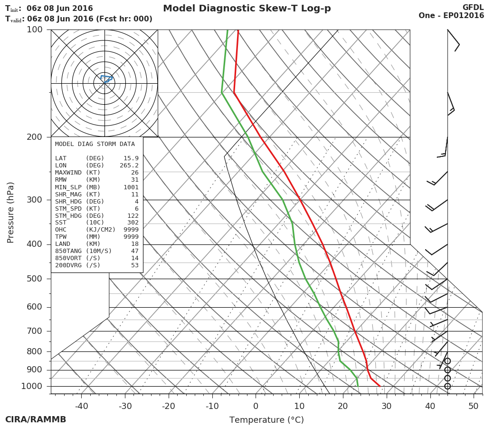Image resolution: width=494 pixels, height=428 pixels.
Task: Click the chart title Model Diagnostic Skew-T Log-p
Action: click(247, 9)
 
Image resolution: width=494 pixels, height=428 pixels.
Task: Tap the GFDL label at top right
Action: click(473, 7)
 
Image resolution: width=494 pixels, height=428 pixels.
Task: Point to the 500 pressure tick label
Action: click(35, 279)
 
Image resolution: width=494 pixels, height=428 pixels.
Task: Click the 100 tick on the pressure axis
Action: click(35, 29)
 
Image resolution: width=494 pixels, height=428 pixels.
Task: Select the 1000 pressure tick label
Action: click(32, 386)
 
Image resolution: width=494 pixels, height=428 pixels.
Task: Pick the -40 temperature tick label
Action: click(81, 406)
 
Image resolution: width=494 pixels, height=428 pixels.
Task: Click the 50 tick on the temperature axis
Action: click(474, 406)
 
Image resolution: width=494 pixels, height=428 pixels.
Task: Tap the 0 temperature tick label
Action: click(256, 406)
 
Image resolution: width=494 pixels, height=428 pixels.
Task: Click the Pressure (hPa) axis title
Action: click(10, 212)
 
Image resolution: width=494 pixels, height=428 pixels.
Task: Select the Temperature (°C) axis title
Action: click(266, 420)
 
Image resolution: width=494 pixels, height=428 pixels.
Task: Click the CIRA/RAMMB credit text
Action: click(36, 419)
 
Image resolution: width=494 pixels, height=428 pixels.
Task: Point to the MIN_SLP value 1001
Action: click(131, 187)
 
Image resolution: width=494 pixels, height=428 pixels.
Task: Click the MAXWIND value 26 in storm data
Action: click(135, 173)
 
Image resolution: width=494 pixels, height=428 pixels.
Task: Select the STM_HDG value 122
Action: click(133, 215)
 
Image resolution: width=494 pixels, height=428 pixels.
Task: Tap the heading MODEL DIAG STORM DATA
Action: click(95, 144)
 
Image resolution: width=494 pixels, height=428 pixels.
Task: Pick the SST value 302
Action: click(133, 223)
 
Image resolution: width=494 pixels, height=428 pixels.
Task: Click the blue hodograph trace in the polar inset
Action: click(106, 77)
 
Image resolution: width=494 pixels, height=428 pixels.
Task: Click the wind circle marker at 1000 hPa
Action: click(447, 386)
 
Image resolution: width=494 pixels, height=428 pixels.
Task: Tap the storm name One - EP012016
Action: click(451, 16)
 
